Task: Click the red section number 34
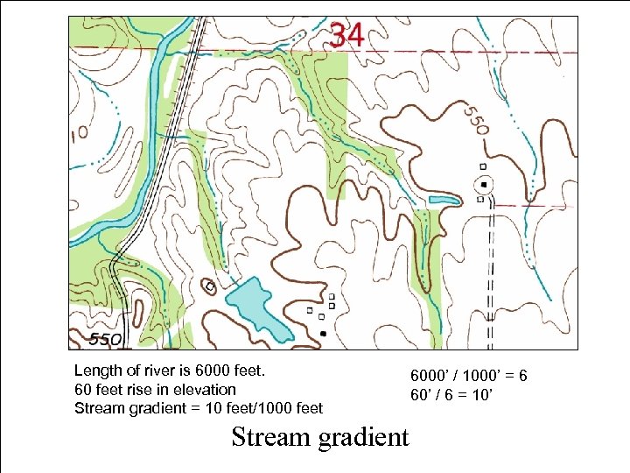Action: [x=347, y=34]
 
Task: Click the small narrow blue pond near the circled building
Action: [x=443, y=201]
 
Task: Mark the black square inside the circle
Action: [x=484, y=184]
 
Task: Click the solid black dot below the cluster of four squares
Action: [x=324, y=334]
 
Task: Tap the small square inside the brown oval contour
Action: [x=210, y=286]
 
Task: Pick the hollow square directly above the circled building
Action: [x=482, y=166]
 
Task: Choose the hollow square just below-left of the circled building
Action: [x=479, y=199]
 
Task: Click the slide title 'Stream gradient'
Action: [x=319, y=436]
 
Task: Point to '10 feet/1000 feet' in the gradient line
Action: [x=267, y=407]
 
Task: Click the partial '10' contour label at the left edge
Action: [x=79, y=133]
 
